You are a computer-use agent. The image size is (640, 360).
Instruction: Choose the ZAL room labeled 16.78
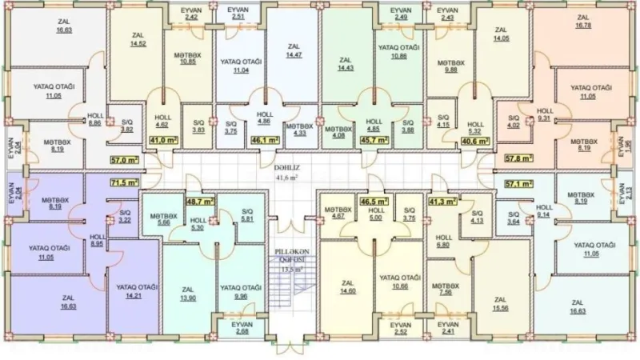pyautogui.click(x=582, y=22)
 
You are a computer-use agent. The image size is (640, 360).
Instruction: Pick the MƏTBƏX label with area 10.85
pyautogui.click(x=189, y=58)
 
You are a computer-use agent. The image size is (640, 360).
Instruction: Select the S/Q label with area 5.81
pyautogui.click(x=246, y=214)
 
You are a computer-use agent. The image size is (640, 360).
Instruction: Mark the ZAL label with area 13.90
pyautogui.click(x=188, y=294)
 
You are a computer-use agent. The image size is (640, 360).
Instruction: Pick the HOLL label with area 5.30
pyautogui.click(x=199, y=224)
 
